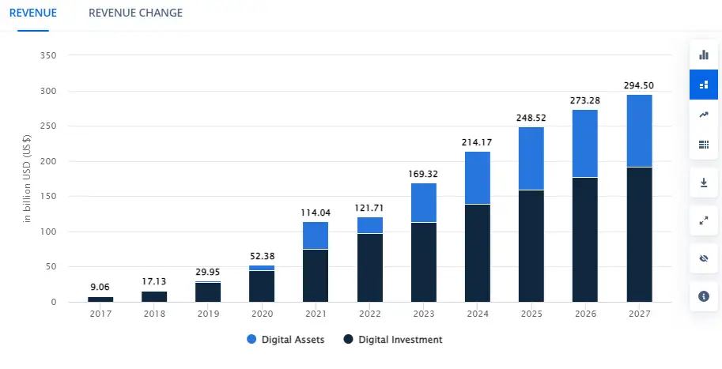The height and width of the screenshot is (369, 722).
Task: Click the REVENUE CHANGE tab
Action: point(135,13)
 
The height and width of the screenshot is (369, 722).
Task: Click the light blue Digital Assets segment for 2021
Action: point(316,235)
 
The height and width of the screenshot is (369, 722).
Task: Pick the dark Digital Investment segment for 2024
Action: point(477,253)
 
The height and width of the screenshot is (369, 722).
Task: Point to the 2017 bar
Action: point(100,299)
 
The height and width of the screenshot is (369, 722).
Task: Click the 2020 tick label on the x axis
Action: point(262,314)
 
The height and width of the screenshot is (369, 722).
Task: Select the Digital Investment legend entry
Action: point(392,340)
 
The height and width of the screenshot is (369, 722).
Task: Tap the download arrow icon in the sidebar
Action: point(704,183)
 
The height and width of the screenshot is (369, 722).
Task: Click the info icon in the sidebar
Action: point(704,296)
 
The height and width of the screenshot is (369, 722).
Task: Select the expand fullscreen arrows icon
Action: point(704,220)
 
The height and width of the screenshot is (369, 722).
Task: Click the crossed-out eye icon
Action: point(704,258)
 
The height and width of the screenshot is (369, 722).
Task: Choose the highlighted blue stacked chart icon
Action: point(704,85)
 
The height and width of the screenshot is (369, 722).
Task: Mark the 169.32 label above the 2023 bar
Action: point(423,174)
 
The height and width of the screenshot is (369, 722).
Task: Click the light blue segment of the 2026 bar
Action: point(584,144)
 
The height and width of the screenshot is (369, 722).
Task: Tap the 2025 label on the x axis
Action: point(531,314)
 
